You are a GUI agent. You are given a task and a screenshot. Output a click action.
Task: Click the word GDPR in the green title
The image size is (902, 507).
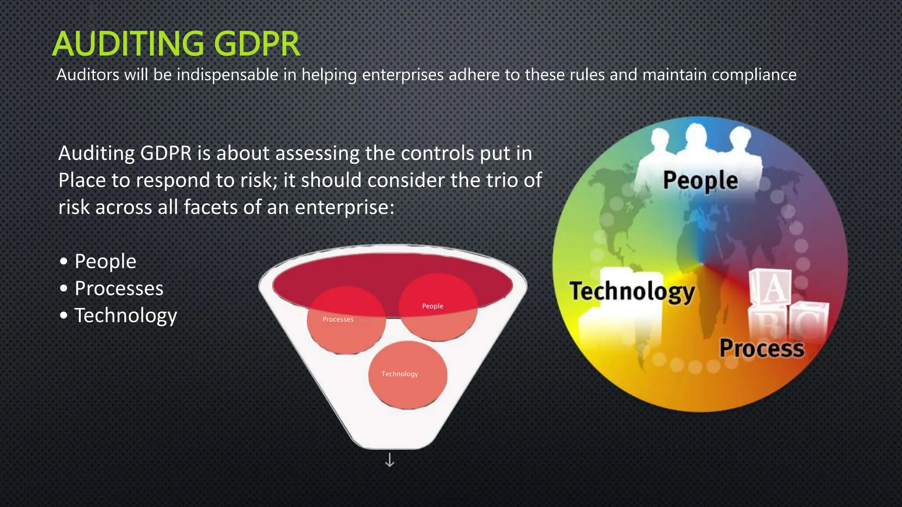pyautogui.click(x=257, y=44)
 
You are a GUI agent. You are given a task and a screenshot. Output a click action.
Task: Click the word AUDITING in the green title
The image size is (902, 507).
pyautogui.click(x=128, y=44)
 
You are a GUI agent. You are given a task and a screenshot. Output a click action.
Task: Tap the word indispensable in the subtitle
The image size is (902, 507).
pyautogui.click(x=227, y=75)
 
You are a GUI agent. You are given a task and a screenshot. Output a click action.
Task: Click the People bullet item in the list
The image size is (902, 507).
pyautogui.click(x=105, y=261)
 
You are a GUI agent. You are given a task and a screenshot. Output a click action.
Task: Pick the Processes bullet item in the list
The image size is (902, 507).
pyautogui.click(x=119, y=288)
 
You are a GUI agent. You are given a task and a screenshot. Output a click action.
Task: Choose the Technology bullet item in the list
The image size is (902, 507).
pyautogui.click(x=126, y=316)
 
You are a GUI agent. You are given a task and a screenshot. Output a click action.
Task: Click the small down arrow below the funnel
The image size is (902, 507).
pyautogui.click(x=389, y=460)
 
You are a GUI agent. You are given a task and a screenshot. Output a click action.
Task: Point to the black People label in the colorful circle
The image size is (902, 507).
pyautogui.click(x=700, y=180)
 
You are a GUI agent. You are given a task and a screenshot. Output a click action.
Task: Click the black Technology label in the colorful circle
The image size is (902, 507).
pyautogui.click(x=632, y=291)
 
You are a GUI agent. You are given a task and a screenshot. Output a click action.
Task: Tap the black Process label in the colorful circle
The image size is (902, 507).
pyautogui.click(x=762, y=348)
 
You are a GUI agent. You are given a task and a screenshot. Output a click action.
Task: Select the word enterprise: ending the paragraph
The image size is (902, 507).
pyautogui.click(x=344, y=207)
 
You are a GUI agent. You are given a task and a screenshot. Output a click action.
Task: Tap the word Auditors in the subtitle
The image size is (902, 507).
pyautogui.click(x=88, y=75)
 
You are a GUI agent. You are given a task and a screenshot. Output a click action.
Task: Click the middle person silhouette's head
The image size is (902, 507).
pyautogui.click(x=695, y=135)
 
